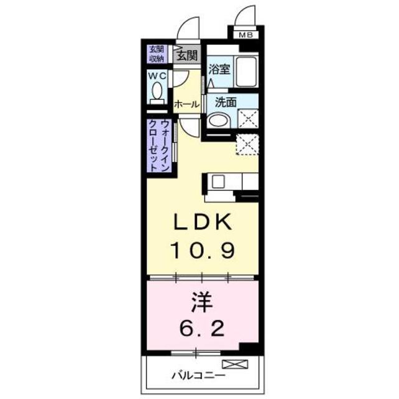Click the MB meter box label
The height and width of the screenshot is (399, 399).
(x=246, y=35)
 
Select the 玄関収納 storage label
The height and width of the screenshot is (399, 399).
(x=156, y=54)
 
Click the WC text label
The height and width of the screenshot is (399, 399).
(x=156, y=75)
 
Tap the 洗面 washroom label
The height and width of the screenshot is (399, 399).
(x=226, y=102)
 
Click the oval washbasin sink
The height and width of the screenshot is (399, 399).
(x=218, y=121)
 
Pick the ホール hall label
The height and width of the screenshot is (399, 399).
(x=186, y=103)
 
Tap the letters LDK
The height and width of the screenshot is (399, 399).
(x=202, y=222)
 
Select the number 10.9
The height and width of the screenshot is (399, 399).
(x=202, y=250)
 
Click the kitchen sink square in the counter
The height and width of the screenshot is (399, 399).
(x=219, y=181)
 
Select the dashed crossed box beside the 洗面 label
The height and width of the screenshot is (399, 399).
(x=248, y=118)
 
